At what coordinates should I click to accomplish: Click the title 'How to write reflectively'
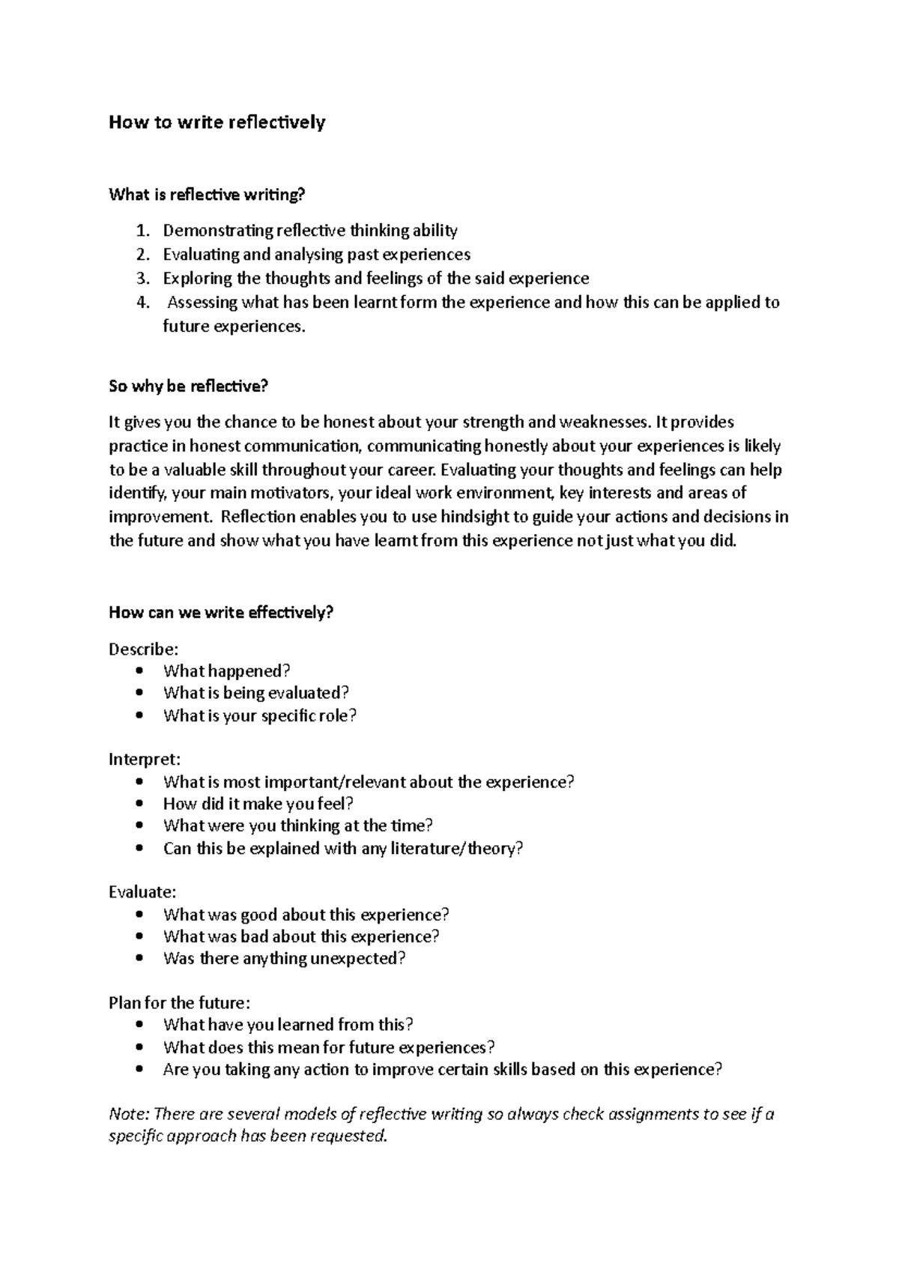coord(217,122)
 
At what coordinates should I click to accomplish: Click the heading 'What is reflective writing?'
coord(208,195)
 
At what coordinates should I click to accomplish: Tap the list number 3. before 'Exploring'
coord(143,279)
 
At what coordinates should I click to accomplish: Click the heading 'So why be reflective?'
coord(188,387)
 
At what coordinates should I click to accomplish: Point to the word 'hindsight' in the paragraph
coord(476,517)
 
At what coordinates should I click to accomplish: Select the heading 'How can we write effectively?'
coord(220,612)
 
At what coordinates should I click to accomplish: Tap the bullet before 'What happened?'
coord(140,671)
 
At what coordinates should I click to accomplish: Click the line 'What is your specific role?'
coord(259,715)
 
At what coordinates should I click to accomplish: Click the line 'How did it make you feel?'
coord(258,804)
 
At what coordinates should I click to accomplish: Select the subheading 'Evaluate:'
coord(142,892)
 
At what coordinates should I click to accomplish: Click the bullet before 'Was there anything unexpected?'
coord(140,959)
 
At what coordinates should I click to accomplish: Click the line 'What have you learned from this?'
coord(288,1025)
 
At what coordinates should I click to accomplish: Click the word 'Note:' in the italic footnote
coord(128,1114)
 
